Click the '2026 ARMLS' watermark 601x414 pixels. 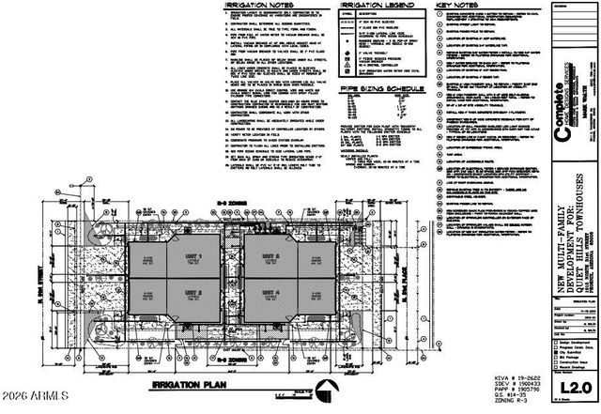pos(35,405)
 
